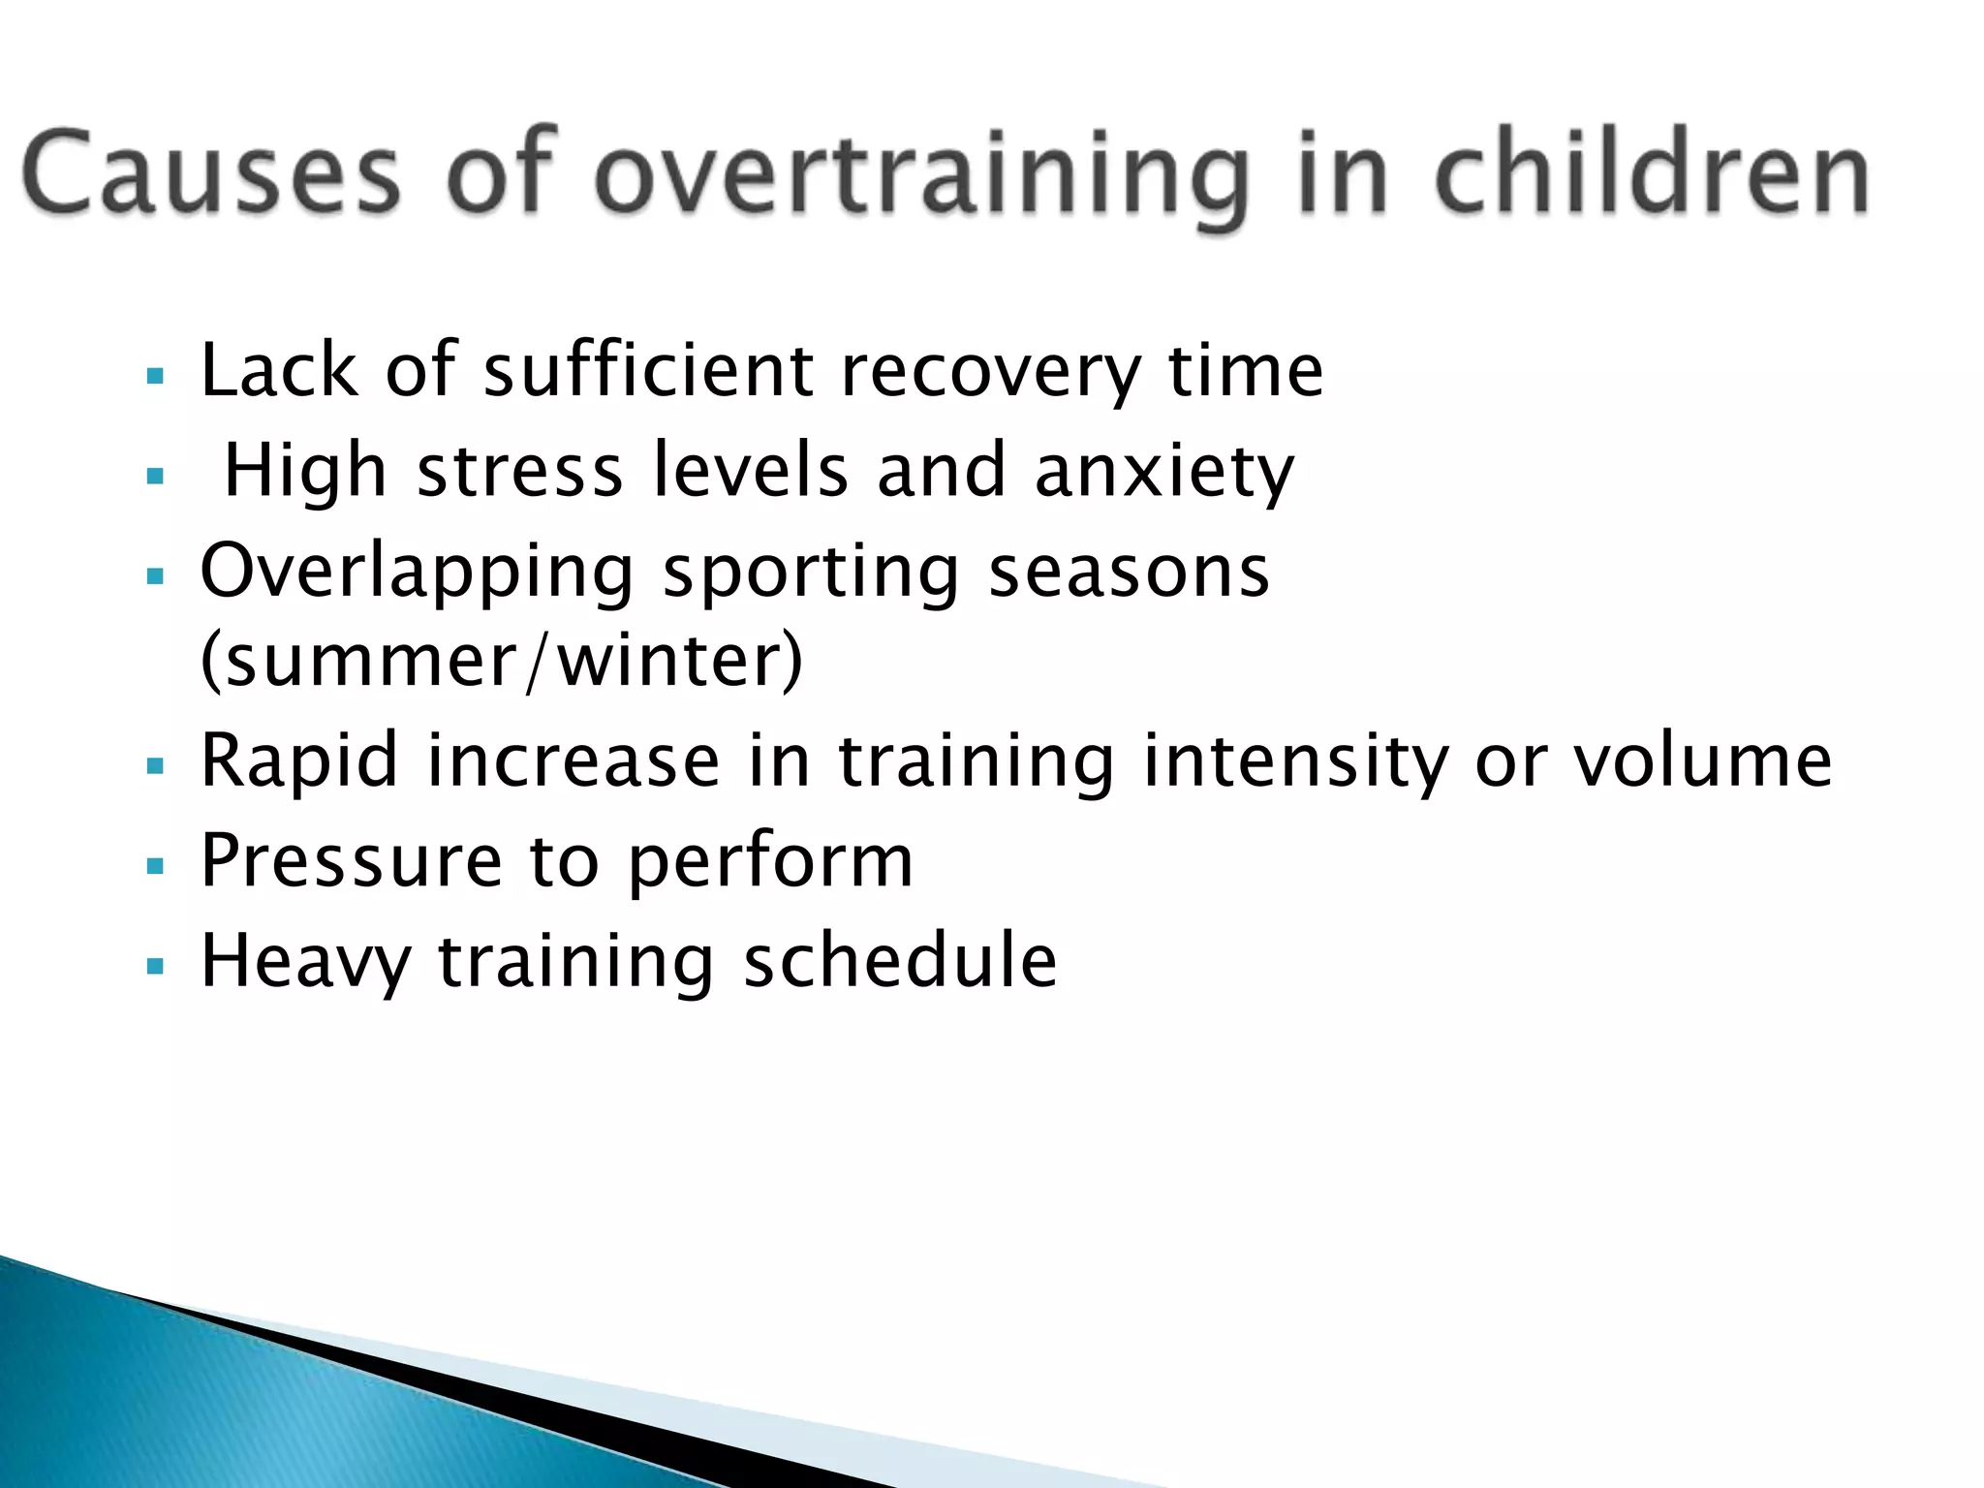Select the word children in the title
pos(1652,174)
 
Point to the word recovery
pos(991,372)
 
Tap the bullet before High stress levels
pos(155,476)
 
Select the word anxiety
pos(1163,472)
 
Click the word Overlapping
pos(417,572)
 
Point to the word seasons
pos(1128,572)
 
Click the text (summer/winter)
pos(501,662)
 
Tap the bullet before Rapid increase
pos(155,766)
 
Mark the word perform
pos(770,863)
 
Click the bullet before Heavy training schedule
pos(155,966)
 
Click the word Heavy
pos(305,962)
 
